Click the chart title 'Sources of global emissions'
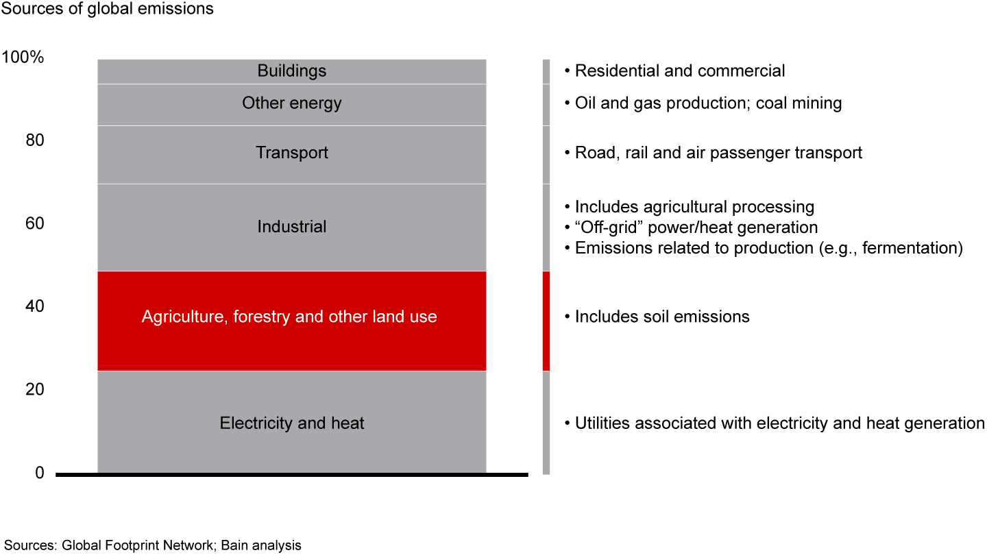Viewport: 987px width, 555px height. tap(108, 10)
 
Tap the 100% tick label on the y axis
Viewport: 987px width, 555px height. tap(23, 58)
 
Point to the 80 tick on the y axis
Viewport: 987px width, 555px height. tap(35, 140)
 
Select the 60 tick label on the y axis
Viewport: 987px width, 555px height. tap(35, 223)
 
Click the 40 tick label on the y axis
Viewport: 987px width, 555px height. tap(35, 306)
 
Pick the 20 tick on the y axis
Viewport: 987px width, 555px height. tap(35, 389)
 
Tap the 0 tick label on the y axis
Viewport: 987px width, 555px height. tap(40, 473)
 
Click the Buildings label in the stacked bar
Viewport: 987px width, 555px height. tap(292, 71)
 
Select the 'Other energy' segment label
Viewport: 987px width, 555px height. tap(292, 103)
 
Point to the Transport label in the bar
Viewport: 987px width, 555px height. tap(292, 153)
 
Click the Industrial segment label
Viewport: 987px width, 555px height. tap(292, 227)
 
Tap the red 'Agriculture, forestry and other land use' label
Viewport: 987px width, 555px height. tap(289, 317)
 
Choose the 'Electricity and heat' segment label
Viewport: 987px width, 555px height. tap(292, 423)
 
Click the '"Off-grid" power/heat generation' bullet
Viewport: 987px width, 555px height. tap(692, 227)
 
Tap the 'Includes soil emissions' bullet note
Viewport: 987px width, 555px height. tap(657, 317)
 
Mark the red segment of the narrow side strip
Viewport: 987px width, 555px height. tap(546, 321)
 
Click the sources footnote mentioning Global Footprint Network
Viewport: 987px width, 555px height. tap(152, 545)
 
